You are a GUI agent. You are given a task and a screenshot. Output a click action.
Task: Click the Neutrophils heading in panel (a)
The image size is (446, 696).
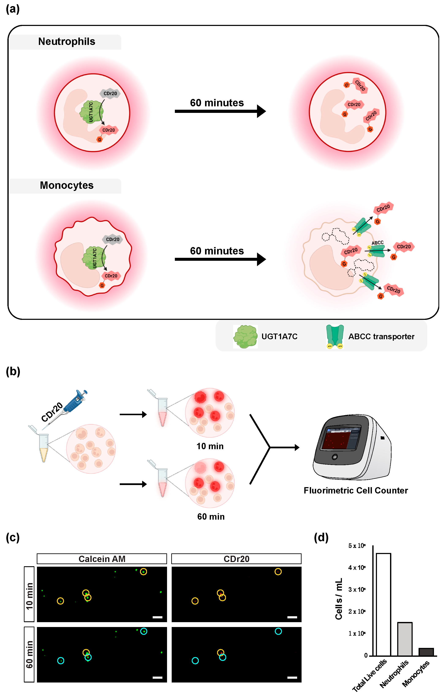[x=67, y=42]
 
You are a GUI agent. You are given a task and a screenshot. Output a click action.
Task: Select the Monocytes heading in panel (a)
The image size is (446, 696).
[x=67, y=185]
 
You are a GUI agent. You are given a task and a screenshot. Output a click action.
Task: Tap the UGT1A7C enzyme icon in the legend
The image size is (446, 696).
[x=245, y=337]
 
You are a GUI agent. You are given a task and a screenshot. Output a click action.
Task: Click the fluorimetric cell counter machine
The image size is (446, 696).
[x=352, y=447]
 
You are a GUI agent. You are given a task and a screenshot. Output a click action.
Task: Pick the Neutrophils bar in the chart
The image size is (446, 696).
[x=405, y=639]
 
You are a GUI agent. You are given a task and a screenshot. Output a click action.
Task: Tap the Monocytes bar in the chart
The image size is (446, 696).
[x=426, y=652]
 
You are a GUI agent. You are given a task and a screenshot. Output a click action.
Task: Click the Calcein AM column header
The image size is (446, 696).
[x=102, y=559]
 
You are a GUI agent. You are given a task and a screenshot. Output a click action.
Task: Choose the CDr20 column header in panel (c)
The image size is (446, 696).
[x=236, y=559]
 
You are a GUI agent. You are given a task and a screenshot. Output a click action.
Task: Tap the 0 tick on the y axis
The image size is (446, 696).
[x=366, y=655]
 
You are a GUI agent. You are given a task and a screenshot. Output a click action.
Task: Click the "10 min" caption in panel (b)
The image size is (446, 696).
[x=210, y=446]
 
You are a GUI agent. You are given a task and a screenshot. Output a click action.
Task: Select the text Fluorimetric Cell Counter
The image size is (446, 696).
[x=356, y=490]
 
